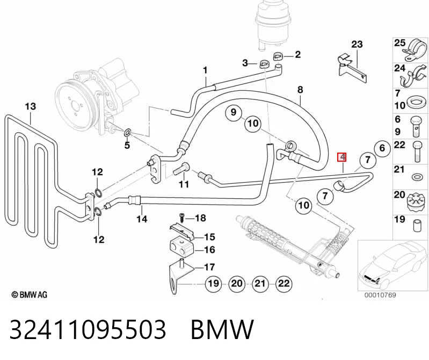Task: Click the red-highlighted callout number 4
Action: (342, 157)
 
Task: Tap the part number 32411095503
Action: (88, 329)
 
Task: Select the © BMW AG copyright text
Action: (30, 295)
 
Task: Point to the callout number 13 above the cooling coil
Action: (31, 106)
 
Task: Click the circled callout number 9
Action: (233, 112)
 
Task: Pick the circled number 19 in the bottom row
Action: (213, 283)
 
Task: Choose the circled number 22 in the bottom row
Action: (283, 283)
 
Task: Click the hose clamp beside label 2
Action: (278, 56)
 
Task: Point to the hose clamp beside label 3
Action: (264, 64)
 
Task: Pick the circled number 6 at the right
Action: (382, 148)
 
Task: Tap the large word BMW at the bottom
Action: (222, 329)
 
